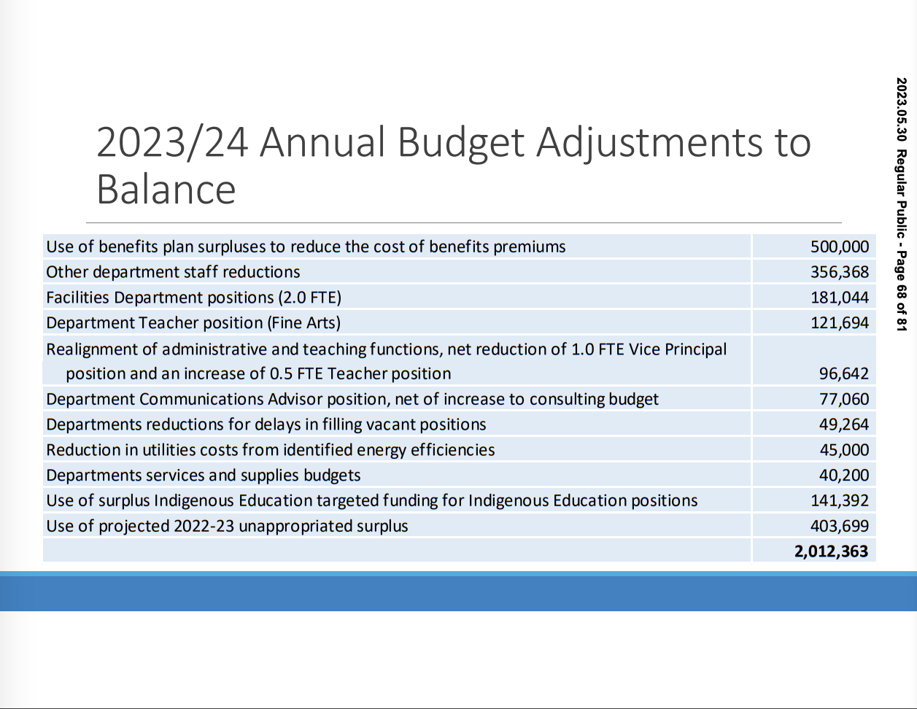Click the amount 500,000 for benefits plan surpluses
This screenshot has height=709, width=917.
(x=840, y=247)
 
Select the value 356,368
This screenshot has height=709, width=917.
(x=840, y=272)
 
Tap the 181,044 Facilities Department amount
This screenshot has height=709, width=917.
(x=840, y=298)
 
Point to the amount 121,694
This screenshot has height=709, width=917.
(x=840, y=322)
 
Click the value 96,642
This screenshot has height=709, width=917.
(x=844, y=373)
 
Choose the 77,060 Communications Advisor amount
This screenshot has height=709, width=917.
(x=844, y=399)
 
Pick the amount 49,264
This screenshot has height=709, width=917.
(x=844, y=425)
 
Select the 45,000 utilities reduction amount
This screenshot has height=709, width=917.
(x=844, y=450)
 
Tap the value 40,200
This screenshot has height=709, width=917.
(x=844, y=476)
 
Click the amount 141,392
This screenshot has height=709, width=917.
(x=840, y=500)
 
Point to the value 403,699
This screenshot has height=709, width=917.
(x=840, y=526)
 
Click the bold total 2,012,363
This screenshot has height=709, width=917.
(x=832, y=551)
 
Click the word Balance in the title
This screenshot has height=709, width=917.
(x=166, y=189)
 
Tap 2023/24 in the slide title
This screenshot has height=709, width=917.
(x=172, y=142)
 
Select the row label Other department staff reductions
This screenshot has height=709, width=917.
(x=173, y=272)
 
